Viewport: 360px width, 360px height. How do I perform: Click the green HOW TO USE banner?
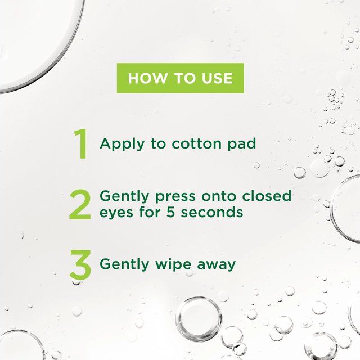pyautogui.click(x=180, y=78)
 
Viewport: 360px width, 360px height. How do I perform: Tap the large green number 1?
pyautogui.click(x=81, y=143)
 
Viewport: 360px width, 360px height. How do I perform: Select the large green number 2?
pyautogui.click(x=80, y=204)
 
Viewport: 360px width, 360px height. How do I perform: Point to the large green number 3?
pyautogui.click(x=80, y=265)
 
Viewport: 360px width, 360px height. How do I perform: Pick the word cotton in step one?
pyautogui.click(x=191, y=143)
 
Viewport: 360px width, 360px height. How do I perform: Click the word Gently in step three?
pyautogui.click(x=122, y=264)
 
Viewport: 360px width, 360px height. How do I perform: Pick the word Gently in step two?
pyautogui.click(x=122, y=197)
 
